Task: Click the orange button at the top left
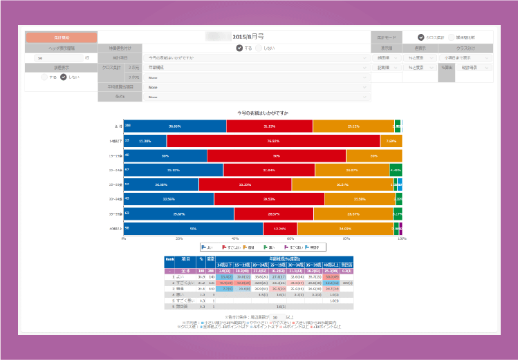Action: point(61,37)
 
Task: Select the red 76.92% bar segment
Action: point(273,141)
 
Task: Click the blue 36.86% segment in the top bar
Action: point(175,126)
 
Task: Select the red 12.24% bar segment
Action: point(280,228)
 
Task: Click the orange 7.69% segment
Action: point(391,141)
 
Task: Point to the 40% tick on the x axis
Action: point(235,238)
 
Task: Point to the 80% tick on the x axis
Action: point(346,238)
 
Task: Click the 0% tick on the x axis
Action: point(124,238)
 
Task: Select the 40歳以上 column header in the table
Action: point(332,265)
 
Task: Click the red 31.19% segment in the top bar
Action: point(270,126)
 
